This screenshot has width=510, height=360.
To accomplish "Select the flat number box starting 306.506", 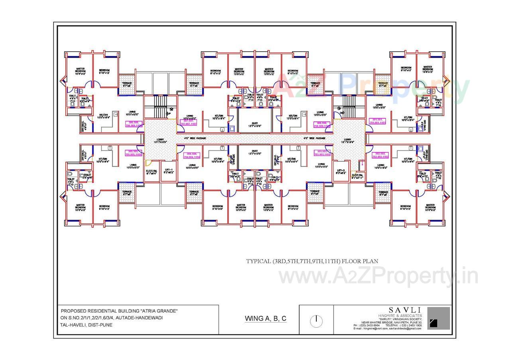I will click(134, 124).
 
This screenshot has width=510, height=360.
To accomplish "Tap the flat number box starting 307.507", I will click(189, 122).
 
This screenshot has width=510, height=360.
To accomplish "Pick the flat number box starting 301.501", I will click(378, 121).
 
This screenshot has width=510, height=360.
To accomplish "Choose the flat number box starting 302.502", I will click(380, 155).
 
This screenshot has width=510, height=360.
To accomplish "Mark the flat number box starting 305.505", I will click(133, 153).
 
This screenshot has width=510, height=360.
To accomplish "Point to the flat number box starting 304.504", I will click(192, 155).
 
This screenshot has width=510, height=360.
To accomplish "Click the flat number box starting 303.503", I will click(322, 153).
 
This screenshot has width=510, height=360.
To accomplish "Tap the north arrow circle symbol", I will click(316, 321).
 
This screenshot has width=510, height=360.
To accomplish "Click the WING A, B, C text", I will click(266, 319).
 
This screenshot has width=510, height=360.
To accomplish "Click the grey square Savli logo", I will click(438, 318).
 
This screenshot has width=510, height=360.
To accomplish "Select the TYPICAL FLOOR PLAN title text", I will click(312, 261).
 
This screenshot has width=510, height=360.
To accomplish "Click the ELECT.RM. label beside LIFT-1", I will click(151, 172).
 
